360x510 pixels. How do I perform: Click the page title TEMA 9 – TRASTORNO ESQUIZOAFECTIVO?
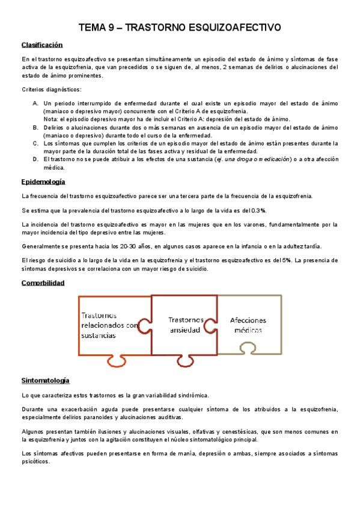click(180, 28)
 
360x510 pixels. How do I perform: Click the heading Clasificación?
click(42, 45)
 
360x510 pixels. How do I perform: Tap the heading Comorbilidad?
click(43, 282)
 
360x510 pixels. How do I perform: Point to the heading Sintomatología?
click(45, 381)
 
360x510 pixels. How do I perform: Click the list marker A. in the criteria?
click(35, 103)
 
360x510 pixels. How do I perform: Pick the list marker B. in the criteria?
click(35, 127)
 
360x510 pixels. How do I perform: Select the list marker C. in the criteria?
click(35, 143)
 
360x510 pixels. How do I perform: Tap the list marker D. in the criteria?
click(35, 159)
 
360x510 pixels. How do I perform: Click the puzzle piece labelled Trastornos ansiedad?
click(186, 324)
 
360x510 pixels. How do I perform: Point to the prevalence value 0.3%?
click(258, 210)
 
